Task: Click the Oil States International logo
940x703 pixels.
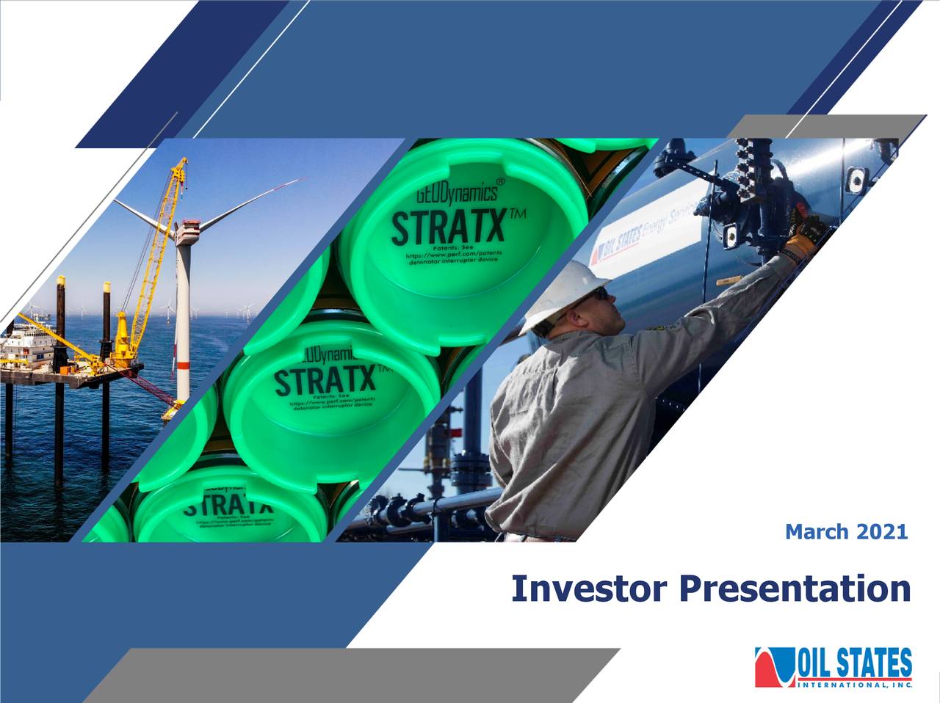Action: tap(834, 667)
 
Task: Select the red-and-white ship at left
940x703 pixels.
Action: tap(29, 352)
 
